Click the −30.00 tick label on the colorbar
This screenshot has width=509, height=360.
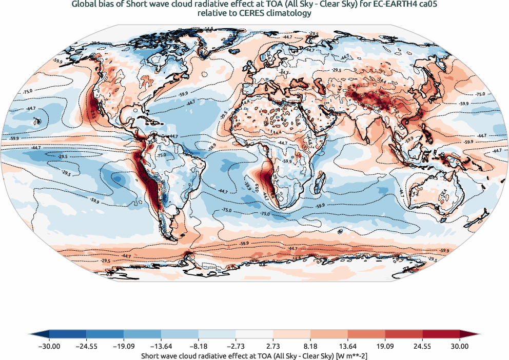tap(49, 346)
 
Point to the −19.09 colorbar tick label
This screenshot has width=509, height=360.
tap(124, 346)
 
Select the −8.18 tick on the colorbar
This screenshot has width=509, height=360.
tap(199, 346)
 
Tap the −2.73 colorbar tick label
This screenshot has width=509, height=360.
tap(236, 346)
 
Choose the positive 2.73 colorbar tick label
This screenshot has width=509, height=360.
tap(273, 346)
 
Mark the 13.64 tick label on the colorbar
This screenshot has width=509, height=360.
tap(348, 346)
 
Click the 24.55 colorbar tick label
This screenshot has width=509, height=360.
tap(423, 346)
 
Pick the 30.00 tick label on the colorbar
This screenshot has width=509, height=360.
tap(460, 346)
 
